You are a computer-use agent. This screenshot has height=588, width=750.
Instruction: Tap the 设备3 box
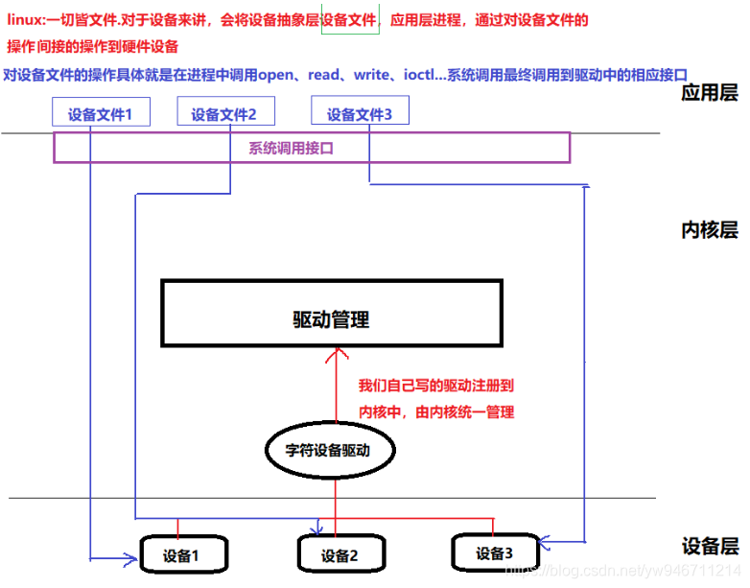(x=494, y=553)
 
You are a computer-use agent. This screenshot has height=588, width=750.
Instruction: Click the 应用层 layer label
(x=710, y=93)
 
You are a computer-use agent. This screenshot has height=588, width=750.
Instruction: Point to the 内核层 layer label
(x=710, y=230)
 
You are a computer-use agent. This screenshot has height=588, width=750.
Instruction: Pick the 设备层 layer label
(x=710, y=546)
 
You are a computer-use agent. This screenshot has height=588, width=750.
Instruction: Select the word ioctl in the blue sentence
(x=433, y=74)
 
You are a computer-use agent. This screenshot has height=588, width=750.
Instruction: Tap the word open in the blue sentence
(x=279, y=74)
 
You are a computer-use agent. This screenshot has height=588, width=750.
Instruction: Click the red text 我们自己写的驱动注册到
(x=436, y=386)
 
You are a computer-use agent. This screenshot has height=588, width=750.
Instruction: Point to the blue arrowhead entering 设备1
(x=131, y=556)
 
